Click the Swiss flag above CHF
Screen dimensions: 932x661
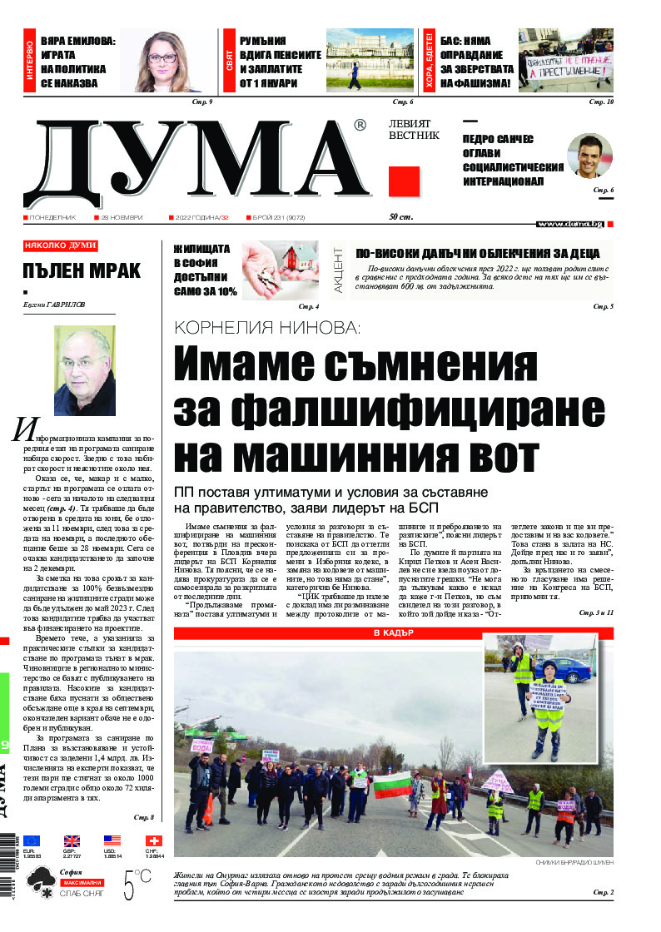(153, 840)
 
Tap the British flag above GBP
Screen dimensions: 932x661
(72, 840)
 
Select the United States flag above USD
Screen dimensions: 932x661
(112, 840)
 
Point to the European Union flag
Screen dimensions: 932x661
(32, 840)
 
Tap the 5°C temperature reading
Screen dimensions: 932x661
(137, 884)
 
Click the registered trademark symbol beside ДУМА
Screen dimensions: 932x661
(360, 126)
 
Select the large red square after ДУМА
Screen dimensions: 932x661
(403, 181)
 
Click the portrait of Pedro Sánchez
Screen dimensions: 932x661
(589, 156)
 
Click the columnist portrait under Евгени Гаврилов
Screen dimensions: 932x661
(84, 370)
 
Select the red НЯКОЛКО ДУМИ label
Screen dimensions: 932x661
(60, 245)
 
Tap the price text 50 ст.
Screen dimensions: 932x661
(401, 217)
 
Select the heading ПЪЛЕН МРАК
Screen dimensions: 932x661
(82, 270)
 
